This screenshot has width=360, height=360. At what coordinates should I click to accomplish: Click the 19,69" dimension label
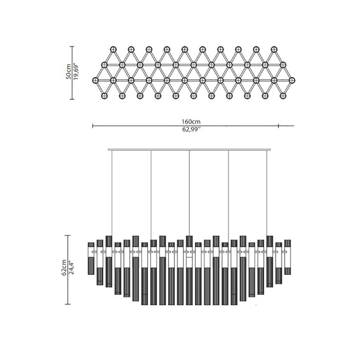point(76,72)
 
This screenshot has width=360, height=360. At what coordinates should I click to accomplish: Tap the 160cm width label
point(191,122)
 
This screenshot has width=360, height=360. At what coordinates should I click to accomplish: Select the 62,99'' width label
point(192,129)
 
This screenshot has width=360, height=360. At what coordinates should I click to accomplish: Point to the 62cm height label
point(64,268)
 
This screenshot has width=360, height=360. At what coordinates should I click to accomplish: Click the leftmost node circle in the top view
point(95,80)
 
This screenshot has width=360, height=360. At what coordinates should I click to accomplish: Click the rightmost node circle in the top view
point(292,80)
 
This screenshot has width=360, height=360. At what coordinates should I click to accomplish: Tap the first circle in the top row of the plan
point(113,49)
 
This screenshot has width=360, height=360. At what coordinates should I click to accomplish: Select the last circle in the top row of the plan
point(274,49)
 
